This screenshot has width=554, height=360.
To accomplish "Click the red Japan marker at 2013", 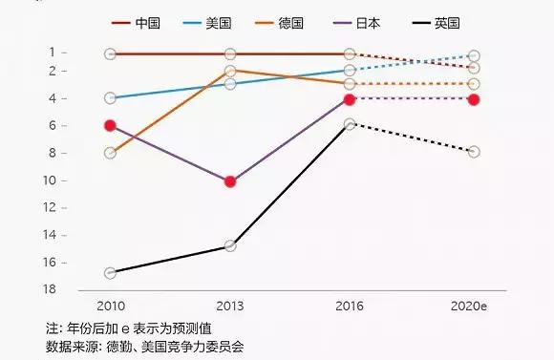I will click(230, 181).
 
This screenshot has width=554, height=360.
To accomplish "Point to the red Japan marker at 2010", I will click(110, 125).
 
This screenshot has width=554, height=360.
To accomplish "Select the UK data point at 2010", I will click(110, 273).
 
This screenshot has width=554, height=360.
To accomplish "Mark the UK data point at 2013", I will click(230, 246).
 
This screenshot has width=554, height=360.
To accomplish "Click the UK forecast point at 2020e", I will click(474, 152).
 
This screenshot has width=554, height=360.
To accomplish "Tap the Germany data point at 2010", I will click(110, 153).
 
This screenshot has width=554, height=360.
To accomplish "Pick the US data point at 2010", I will click(110, 97).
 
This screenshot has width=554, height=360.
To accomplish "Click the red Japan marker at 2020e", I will click(474, 99).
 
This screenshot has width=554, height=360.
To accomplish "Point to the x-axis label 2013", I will click(230, 306).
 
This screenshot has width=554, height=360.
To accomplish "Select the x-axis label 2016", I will click(350, 306).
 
